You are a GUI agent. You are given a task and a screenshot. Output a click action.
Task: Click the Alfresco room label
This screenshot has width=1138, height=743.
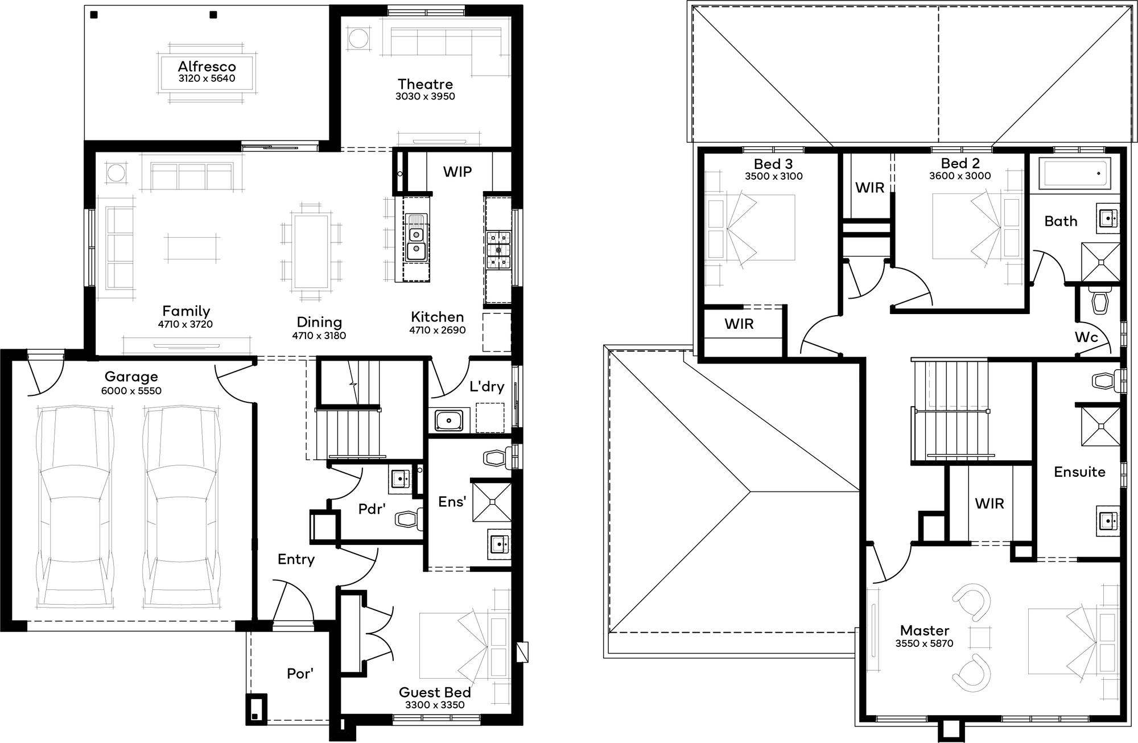pyautogui.click(x=207, y=67)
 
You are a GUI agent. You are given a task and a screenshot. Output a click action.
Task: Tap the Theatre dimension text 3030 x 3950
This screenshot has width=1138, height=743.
pyautogui.click(x=425, y=97)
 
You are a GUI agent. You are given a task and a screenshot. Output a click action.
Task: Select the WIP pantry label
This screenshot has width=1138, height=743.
pyautogui.click(x=457, y=172)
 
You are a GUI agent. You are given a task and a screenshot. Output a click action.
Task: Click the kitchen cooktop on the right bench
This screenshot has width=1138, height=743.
pyautogui.click(x=498, y=249)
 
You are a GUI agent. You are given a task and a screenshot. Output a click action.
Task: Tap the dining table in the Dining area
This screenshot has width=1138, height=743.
pyautogui.click(x=311, y=251)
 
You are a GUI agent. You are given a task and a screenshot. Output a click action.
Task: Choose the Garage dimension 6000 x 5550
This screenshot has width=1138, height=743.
pyautogui.click(x=131, y=391)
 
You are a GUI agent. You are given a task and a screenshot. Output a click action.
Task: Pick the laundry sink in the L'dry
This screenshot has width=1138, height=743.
pyautogui.click(x=450, y=420)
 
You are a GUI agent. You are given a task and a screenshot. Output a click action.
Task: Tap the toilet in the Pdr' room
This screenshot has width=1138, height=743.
pyautogui.click(x=409, y=518)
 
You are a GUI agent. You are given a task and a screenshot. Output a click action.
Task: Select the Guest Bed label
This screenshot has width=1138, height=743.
pyautogui.click(x=435, y=692)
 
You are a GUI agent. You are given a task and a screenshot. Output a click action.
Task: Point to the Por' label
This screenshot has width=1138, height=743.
pyautogui.click(x=300, y=674)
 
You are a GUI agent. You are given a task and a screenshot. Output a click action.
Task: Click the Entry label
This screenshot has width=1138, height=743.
pyautogui.click(x=296, y=559)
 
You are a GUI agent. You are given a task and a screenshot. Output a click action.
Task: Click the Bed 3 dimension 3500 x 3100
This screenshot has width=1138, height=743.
pyautogui.click(x=774, y=176)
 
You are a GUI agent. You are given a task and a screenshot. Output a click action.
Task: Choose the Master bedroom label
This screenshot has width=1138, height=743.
pyautogui.click(x=925, y=630)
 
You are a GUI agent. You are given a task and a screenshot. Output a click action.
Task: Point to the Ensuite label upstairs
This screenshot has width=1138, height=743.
pyautogui.click(x=1079, y=472)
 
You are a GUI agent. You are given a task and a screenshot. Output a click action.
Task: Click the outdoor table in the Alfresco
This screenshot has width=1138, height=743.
pyautogui.click(x=207, y=72)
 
